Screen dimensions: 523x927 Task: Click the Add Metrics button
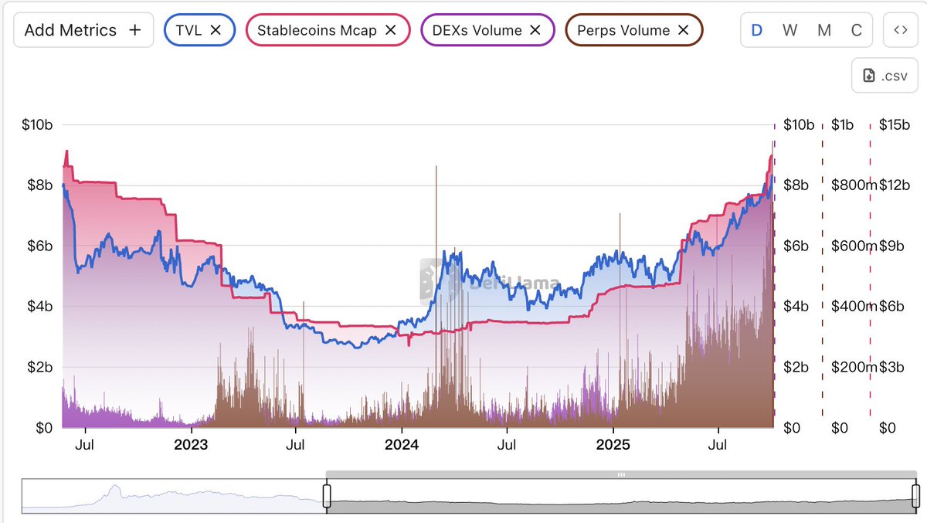tap(83, 30)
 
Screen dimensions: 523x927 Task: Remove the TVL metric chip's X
tap(216, 30)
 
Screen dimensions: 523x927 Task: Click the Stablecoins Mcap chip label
tap(316, 30)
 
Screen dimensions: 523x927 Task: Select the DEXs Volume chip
tap(477, 30)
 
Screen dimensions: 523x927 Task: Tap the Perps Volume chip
tap(623, 30)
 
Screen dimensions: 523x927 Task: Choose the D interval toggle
tap(757, 30)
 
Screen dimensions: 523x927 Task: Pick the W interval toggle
tap(789, 30)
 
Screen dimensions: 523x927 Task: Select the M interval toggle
tap(824, 30)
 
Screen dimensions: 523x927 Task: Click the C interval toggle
tap(856, 30)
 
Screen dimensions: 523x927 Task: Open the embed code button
tap(900, 30)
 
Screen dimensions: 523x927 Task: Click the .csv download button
tap(884, 75)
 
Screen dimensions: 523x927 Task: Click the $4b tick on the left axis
tap(37, 307)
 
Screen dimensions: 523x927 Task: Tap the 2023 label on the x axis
tap(190, 445)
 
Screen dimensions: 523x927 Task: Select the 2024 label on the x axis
tap(402, 445)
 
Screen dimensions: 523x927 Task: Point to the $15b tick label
tap(895, 125)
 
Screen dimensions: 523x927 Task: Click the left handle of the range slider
tap(326, 496)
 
